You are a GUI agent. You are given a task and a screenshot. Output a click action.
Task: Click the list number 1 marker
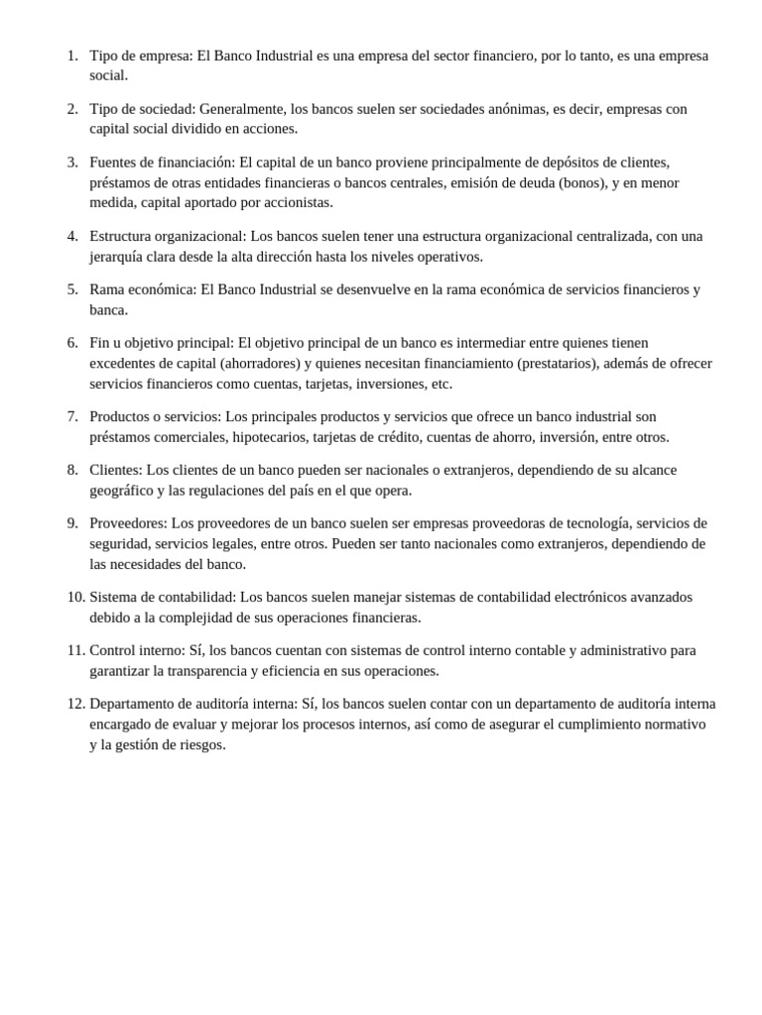[72, 56]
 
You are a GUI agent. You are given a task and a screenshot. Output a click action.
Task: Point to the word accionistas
[295, 202]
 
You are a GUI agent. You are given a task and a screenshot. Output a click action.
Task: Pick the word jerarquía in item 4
[120, 256]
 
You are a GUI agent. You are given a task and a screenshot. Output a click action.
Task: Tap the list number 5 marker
[72, 289]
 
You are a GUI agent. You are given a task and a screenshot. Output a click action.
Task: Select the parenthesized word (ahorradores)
[259, 363]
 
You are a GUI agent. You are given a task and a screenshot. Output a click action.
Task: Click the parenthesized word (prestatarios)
[558, 363]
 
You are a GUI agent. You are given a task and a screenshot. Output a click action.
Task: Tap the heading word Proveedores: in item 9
[128, 523]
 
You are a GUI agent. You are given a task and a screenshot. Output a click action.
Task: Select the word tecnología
[589, 523]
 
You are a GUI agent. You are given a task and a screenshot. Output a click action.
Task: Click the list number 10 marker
[75, 597]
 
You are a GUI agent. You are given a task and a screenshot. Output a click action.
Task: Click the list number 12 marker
[75, 704]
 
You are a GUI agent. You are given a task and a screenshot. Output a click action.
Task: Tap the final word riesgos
[198, 744]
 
